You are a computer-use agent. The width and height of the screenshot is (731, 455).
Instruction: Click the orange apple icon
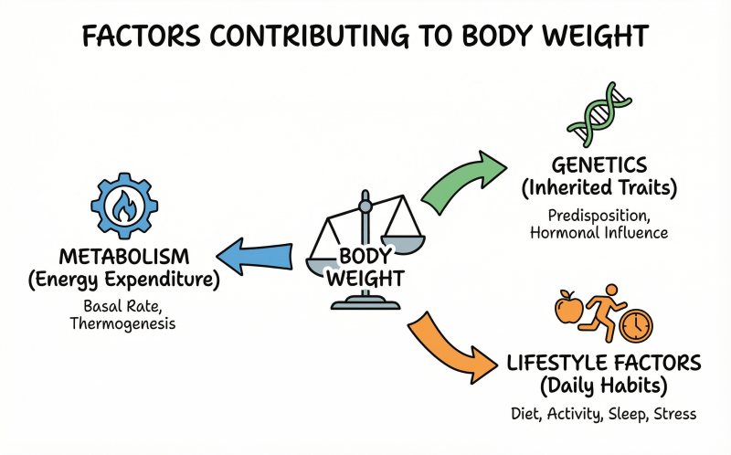pyautogui.click(x=567, y=311)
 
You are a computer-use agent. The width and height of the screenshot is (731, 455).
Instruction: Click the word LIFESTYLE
pyautogui.click(x=554, y=364)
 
